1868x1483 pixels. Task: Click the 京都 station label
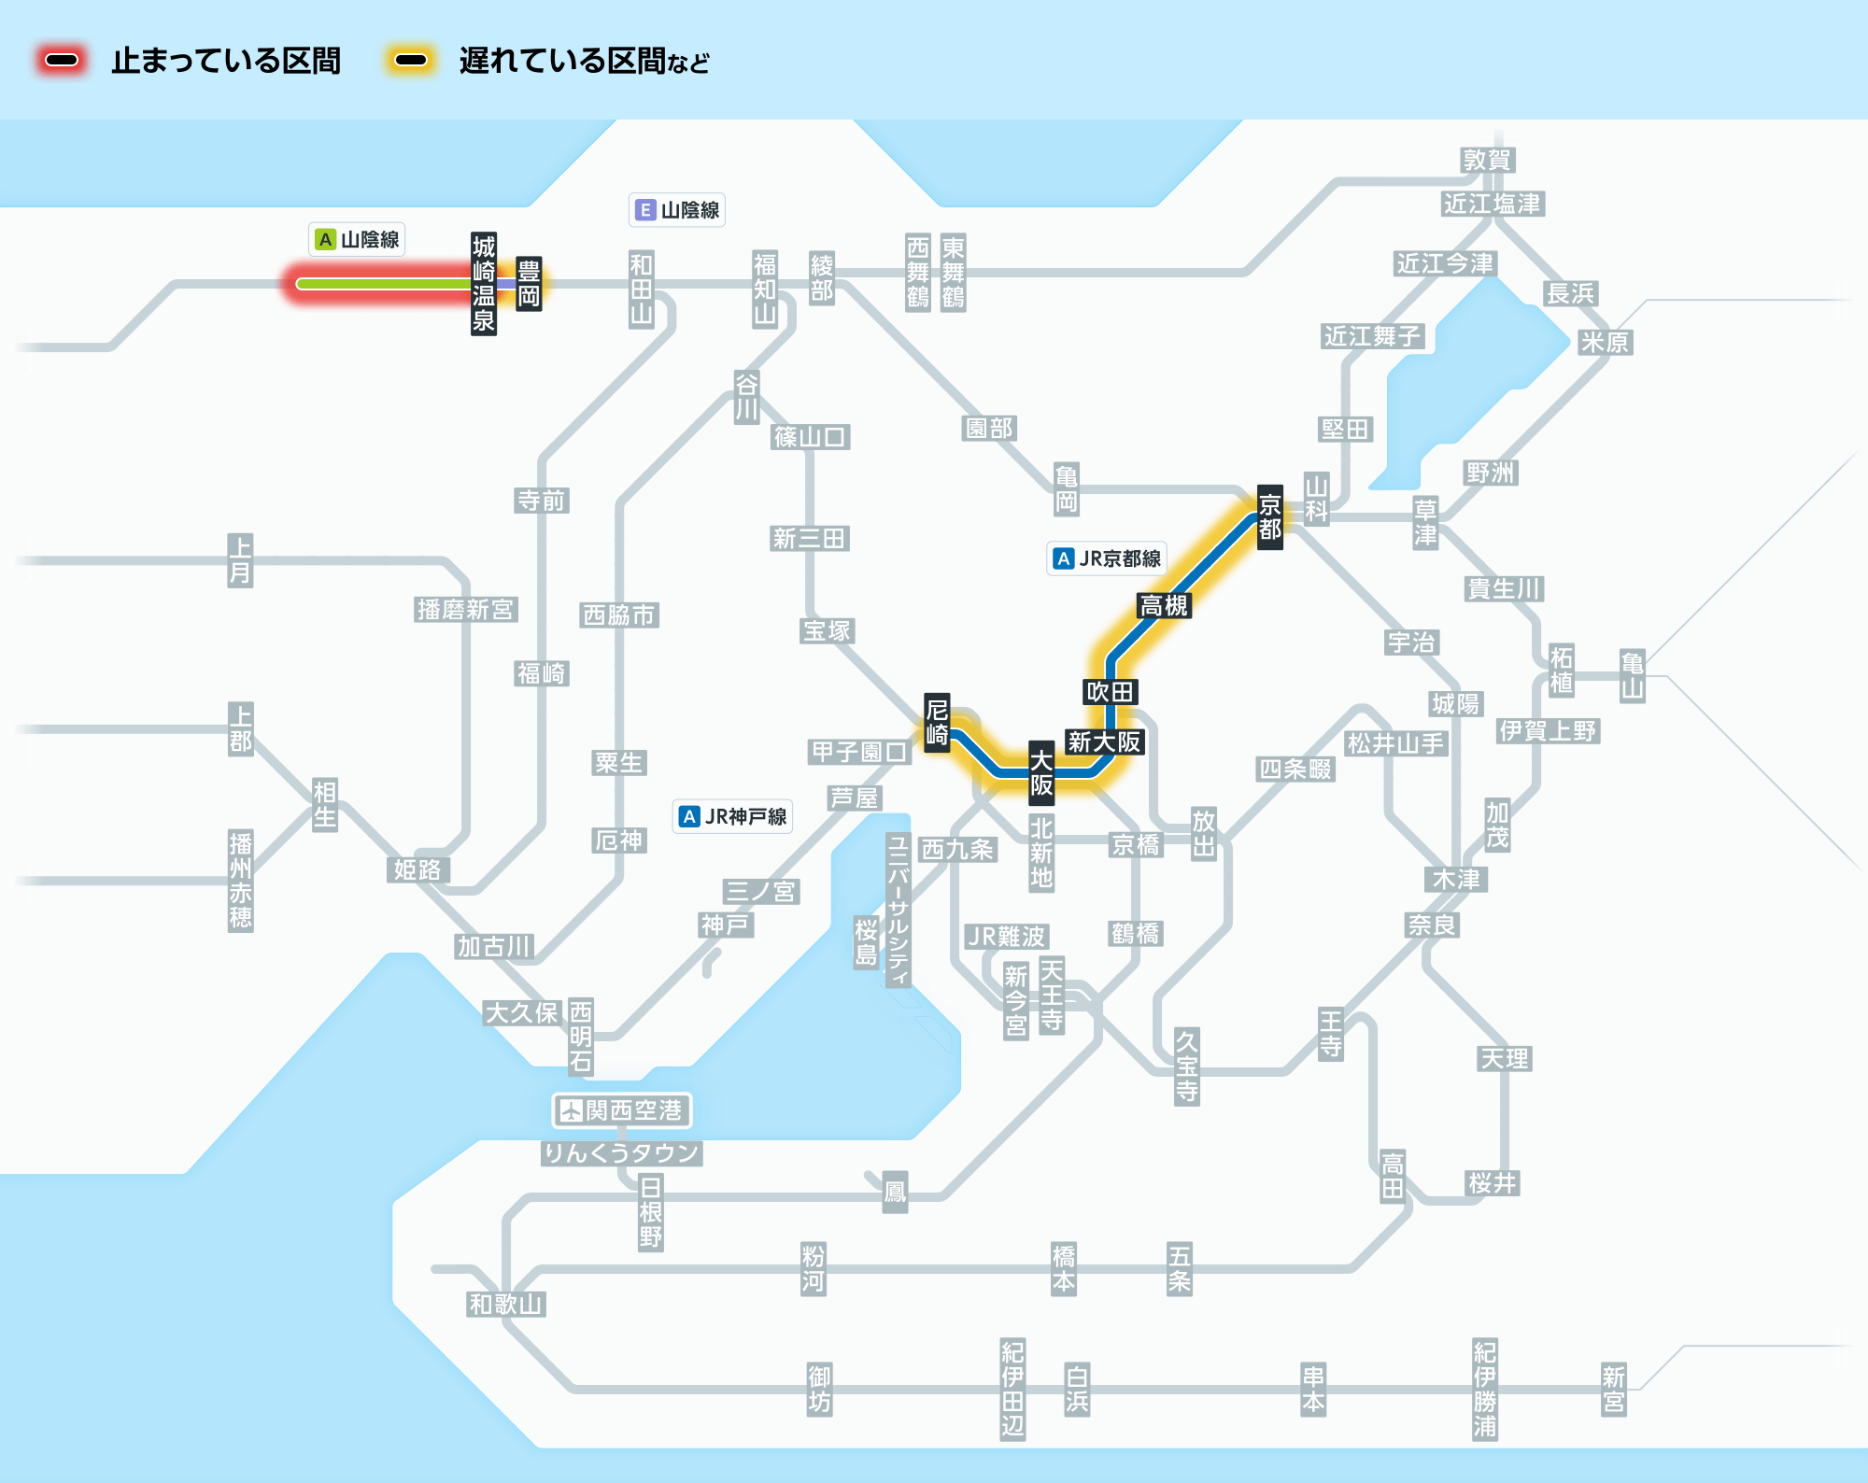(1269, 517)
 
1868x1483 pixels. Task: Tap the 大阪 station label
(1041, 773)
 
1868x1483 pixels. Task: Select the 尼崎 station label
(937, 722)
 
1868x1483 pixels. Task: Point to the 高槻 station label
(1164, 606)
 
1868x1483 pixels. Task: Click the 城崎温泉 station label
(483, 284)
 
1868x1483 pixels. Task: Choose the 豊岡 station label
(529, 284)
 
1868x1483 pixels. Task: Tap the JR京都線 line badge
(1107, 558)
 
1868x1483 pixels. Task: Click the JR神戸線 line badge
(733, 816)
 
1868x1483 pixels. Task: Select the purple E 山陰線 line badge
(677, 210)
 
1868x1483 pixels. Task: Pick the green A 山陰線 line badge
(357, 240)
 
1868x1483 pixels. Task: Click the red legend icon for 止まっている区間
(62, 61)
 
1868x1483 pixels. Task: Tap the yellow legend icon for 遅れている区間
(410, 61)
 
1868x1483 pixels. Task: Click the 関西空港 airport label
(622, 1110)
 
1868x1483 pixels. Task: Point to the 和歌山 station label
(505, 1304)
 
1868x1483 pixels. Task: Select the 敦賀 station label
(1487, 160)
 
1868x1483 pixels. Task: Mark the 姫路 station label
(417, 869)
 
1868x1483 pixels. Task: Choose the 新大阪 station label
(1105, 741)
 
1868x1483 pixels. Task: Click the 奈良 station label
(1432, 925)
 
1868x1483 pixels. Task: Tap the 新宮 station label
(1614, 1390)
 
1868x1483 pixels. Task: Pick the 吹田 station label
(1110, 692)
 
